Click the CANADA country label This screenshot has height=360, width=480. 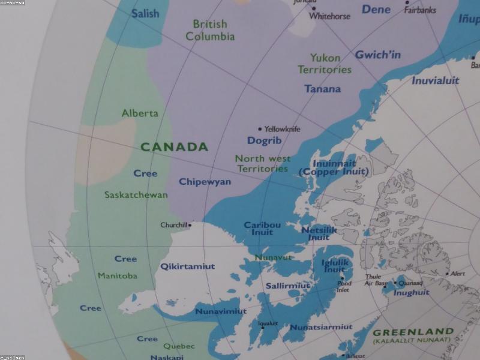[174, 147]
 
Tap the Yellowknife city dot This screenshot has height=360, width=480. [259, 128]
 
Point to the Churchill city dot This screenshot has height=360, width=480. [190, 225]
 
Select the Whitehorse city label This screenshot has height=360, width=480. [329, 16]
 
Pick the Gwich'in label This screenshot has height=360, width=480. [378, 55]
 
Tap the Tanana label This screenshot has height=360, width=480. [322, 89]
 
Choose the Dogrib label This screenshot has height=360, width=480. [265, 141]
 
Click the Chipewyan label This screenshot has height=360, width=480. [205, 182]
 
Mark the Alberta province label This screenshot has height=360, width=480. [140, 113]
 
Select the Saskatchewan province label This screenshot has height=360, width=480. [136, 195]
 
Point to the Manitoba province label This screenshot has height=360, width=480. [117, 276]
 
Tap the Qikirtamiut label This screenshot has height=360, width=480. [187, 266]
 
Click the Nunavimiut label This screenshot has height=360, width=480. [221, 311]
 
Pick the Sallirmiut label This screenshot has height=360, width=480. [288, 286]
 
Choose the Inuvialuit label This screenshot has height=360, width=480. [435, 80]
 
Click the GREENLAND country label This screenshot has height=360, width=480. [413, 332]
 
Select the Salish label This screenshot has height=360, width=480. [145, 13]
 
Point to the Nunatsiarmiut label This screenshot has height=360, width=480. [321, 327]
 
